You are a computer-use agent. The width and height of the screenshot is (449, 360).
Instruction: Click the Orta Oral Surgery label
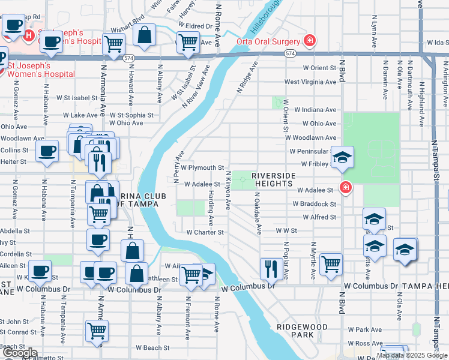tap(268, 41)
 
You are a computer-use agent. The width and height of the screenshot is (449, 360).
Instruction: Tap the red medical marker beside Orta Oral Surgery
tap(309, 41)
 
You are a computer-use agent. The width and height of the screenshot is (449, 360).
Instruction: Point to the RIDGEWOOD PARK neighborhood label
tap(302, 330)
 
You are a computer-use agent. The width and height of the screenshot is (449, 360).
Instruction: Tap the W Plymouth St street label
tap(203, 168)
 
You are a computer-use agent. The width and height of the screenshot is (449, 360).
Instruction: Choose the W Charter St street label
tap(205, 232)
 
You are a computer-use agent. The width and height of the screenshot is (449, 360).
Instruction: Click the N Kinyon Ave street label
tap(228, 190)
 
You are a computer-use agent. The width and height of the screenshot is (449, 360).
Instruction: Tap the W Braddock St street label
tap(314, 204)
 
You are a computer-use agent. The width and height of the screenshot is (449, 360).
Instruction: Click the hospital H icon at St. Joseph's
tap(28, 35)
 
